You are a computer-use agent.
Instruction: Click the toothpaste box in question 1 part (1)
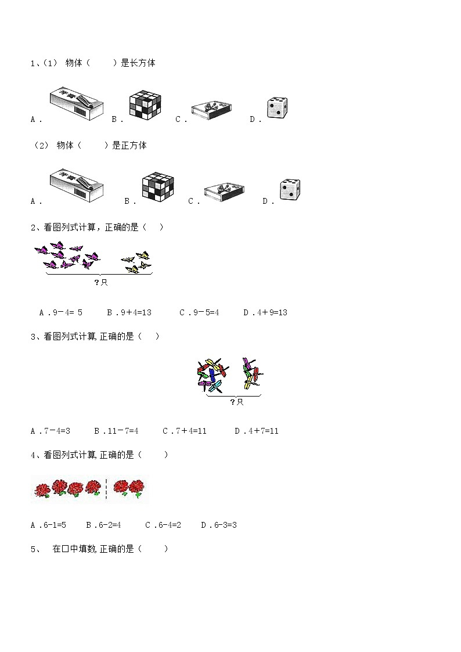77,103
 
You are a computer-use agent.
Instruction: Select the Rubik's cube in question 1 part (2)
158,187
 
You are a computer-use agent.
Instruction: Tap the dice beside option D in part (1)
278,108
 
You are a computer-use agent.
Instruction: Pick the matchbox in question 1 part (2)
224,192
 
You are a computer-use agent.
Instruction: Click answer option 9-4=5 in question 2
61,312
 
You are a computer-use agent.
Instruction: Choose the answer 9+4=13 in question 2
129,312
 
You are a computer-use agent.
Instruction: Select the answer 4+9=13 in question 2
265,312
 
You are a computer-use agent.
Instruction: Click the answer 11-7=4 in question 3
116,431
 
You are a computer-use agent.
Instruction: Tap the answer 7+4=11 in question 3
185,431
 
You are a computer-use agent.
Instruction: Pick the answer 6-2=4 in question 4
103,525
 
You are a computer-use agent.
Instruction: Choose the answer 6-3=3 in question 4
219,525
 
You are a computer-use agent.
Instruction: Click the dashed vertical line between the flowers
106,489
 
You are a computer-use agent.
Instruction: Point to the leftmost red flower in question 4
42,489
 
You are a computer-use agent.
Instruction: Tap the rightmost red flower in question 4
135,488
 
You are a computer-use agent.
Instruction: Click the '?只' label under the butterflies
101,282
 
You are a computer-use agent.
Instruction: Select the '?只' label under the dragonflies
236,402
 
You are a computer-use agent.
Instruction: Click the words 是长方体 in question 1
138,63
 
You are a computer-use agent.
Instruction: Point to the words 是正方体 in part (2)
129,145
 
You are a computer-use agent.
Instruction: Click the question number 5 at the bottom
33,549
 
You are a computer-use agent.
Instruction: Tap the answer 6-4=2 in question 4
163,525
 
